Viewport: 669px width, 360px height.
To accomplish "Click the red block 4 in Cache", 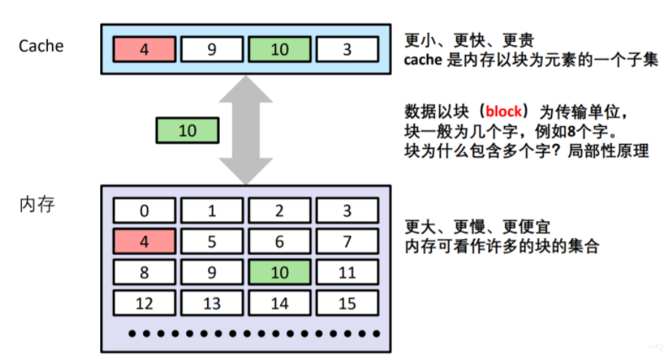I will [144, 50].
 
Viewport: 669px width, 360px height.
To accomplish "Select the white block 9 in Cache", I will [212, 50].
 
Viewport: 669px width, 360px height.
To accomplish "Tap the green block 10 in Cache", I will [279, 50].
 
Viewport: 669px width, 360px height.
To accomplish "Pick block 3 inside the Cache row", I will [347, 50].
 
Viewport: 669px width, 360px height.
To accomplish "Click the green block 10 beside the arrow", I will [188, 130].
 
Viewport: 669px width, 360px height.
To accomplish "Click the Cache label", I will [42, 45].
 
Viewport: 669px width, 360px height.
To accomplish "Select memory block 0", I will [144, 210].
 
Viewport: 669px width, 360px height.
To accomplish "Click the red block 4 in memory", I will [144, 241].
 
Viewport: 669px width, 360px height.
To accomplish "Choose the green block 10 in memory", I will [279, 272].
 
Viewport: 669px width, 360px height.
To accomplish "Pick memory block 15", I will [347, 303].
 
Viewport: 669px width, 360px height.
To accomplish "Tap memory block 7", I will [347, 241].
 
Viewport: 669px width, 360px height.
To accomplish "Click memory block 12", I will [144, 303].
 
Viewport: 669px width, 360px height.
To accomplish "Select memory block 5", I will [212, 241].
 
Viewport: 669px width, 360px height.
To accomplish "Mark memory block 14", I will [279, 303].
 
